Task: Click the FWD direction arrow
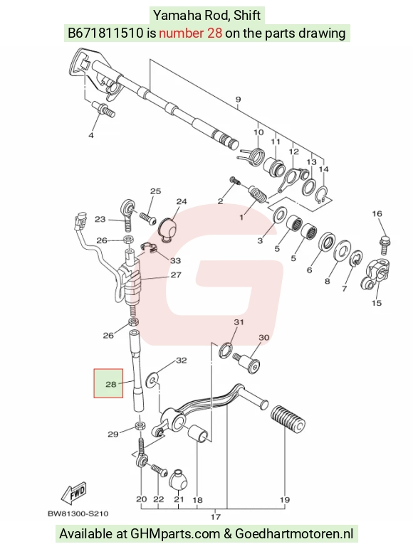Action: pyautogui.click(x=73, y=494)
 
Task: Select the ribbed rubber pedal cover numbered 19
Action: pyautogui.click(x=288, y=420)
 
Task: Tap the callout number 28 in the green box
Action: pyautogui.click(x=111, y=384)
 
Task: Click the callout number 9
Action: pyautogui.click(x=238, y=100)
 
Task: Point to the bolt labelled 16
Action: pyautogui.click(x=385, y=246)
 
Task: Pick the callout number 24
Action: pyautogui.click(x=182, y=201)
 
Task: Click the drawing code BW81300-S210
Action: pyautogui.click(x=78, y=513)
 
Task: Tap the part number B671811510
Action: pyautogui.click(x=105, y=33)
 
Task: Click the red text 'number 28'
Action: pyautogui.click(x=190, y=33)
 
